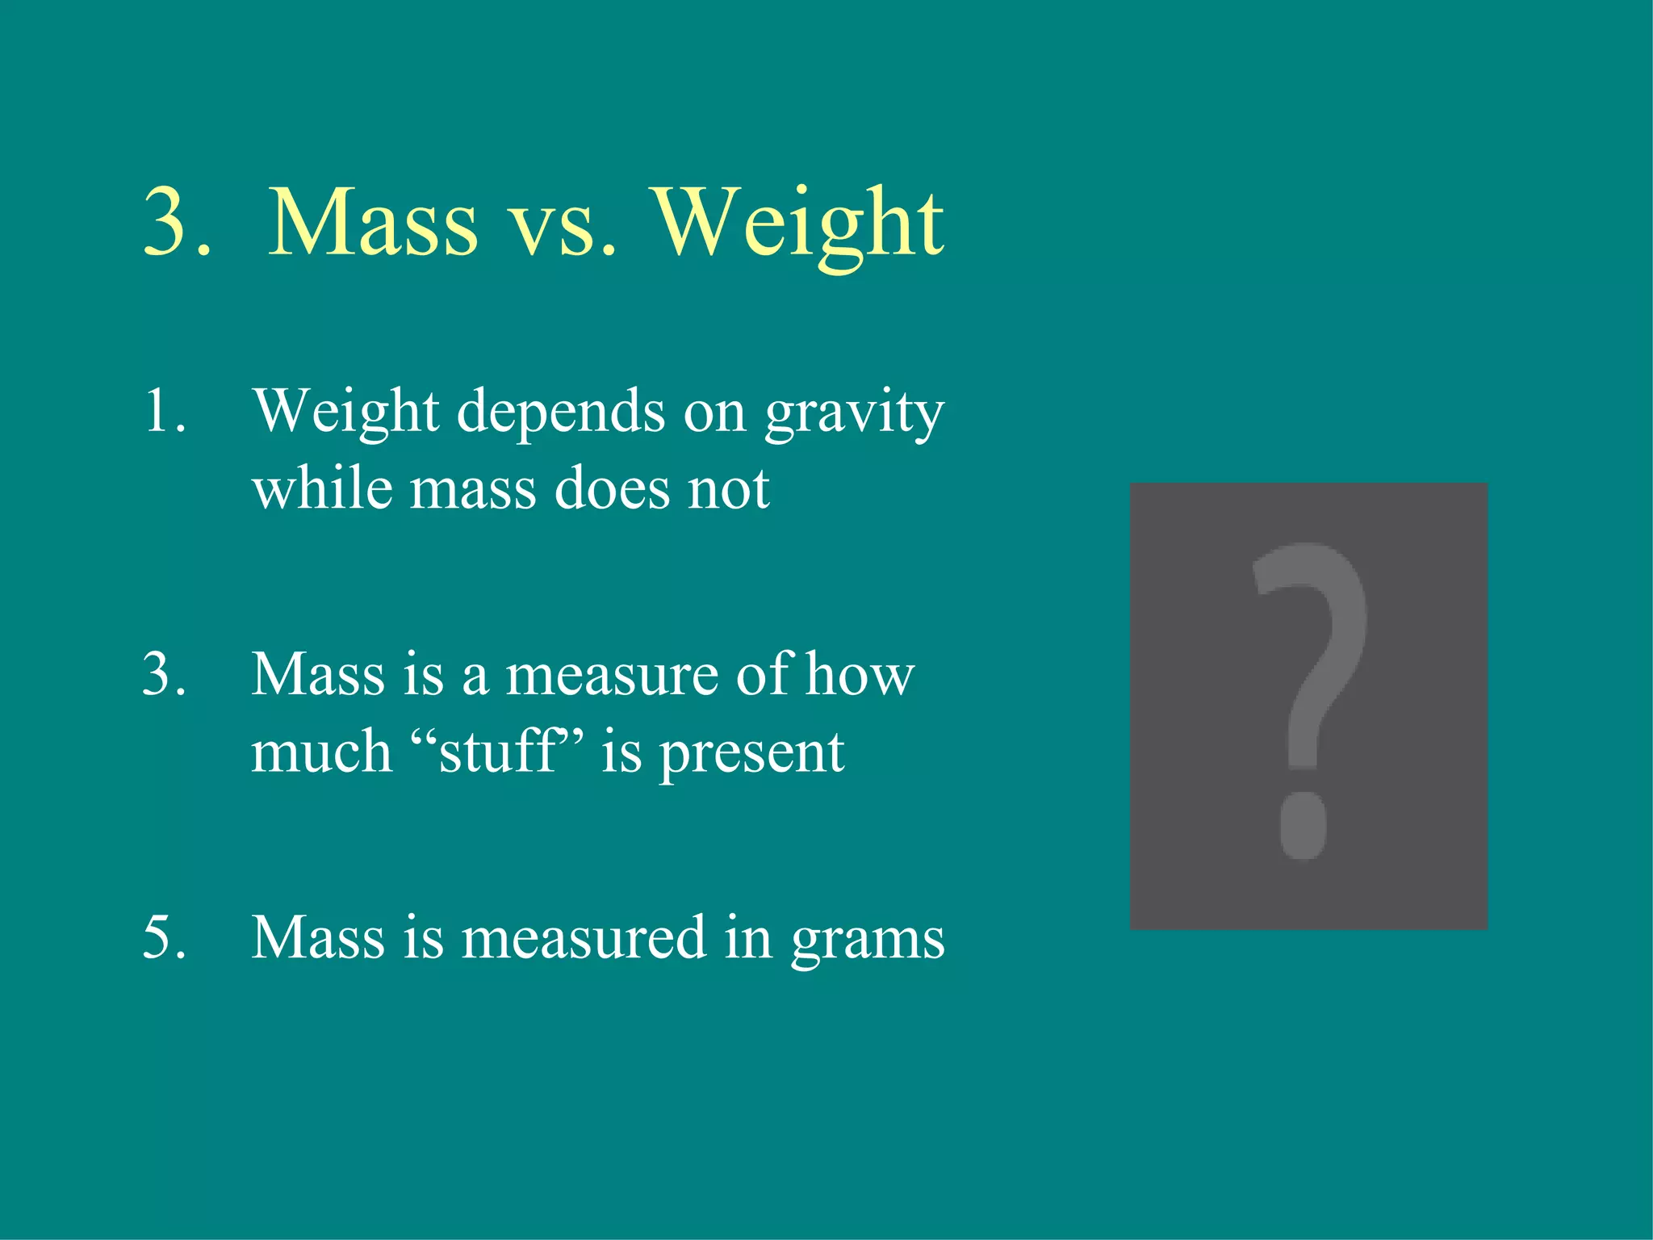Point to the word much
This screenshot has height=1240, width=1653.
tap(321, 752)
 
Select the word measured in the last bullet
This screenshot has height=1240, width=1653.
tap(583, 937)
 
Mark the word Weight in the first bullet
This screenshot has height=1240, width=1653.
tap(346, 412)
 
